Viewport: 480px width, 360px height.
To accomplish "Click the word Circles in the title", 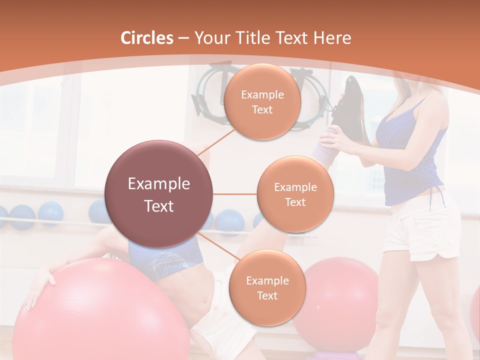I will tap(147, 38).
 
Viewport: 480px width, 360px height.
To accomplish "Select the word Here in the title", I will tap(331, 38).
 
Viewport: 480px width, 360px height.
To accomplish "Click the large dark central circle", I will tap(159, 194).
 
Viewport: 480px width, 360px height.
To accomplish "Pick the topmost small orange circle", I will tap(262, 101).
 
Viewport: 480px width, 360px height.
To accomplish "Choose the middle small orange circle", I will tap(295, 194).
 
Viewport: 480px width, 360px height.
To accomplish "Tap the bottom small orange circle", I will tap(267, 287).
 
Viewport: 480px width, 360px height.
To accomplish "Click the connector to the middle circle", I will tap(235, 194).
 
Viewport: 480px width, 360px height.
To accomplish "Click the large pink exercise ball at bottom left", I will tap(100, 315).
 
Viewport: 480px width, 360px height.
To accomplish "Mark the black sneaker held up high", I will tap(352, 107).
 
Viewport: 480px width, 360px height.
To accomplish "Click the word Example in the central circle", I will tap(159, 184).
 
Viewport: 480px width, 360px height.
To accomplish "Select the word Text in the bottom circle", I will tap(267, 295).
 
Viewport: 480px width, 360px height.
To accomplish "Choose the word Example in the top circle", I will tap(262, 94).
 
